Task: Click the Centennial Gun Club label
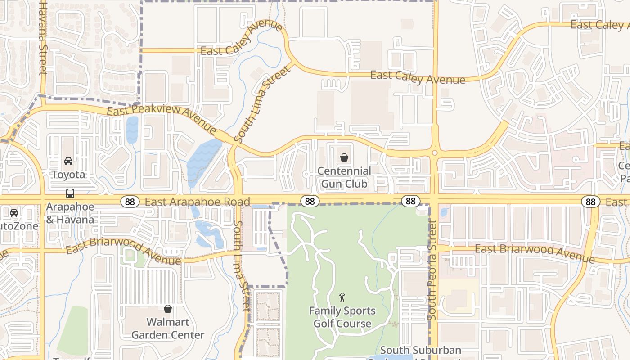click(344, 177)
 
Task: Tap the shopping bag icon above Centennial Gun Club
click(344, 157)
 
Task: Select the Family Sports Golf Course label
click(342, 317)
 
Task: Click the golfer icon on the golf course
click(342, 297)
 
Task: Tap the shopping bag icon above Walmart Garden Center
click(168, 309)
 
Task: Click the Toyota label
click(68, 174)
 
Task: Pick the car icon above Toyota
click(68, 161)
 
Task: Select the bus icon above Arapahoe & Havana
click(70, 193)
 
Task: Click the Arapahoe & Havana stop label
click(70, 213)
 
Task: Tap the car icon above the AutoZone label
click(14, 213)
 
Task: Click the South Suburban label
click(420, 350)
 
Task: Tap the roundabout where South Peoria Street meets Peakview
click(435, 153)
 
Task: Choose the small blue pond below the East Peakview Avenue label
click(132, 130)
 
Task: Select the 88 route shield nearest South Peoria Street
click(410, 201)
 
